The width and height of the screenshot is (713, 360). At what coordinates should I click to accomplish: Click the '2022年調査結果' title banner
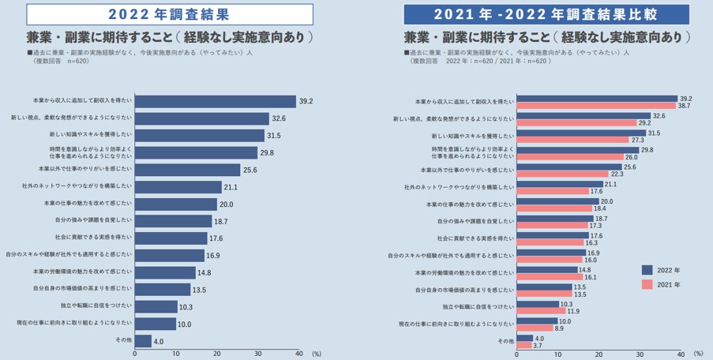[169, 14]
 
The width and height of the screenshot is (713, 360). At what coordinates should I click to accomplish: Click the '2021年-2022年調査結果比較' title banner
[546, 14]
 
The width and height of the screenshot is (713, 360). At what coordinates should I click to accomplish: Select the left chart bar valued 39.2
[216, 101]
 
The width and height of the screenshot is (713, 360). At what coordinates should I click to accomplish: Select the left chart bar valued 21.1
[178, 187]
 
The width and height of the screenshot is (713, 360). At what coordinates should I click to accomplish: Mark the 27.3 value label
[637, 140]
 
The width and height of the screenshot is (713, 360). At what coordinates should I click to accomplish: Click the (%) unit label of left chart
[316, 355]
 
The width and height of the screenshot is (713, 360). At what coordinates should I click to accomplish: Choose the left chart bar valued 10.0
[156, 324]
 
